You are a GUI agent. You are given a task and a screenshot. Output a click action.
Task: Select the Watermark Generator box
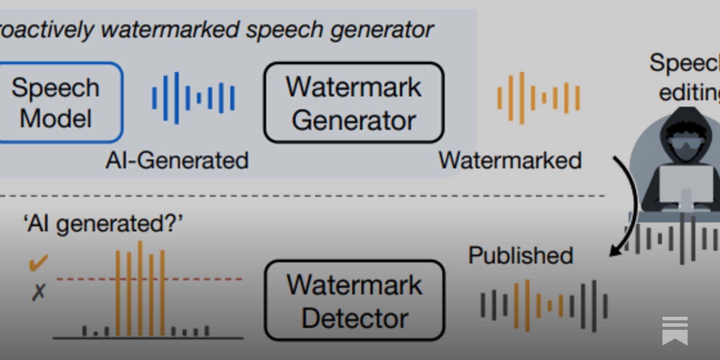tap(354, 103)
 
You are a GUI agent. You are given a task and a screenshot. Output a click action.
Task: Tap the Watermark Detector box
tap(355, 301)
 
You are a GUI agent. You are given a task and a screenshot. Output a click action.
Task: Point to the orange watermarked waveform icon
tap(538, 98)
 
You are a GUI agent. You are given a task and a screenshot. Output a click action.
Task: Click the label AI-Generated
tap(177, 161)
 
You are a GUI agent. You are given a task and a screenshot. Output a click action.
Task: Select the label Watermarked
tap(510, 161)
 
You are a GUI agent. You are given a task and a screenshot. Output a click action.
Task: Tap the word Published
tap(521, 256)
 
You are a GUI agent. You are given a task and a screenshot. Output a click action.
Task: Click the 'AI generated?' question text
tap(103, 224)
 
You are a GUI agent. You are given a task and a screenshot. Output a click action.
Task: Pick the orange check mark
tap(38, 263)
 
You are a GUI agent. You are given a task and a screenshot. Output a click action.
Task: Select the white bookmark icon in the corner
tap(675, 331)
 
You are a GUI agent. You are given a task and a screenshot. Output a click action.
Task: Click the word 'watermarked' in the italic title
tap(170, 30)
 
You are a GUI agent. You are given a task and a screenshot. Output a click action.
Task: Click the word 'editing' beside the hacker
tap(688, 93)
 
